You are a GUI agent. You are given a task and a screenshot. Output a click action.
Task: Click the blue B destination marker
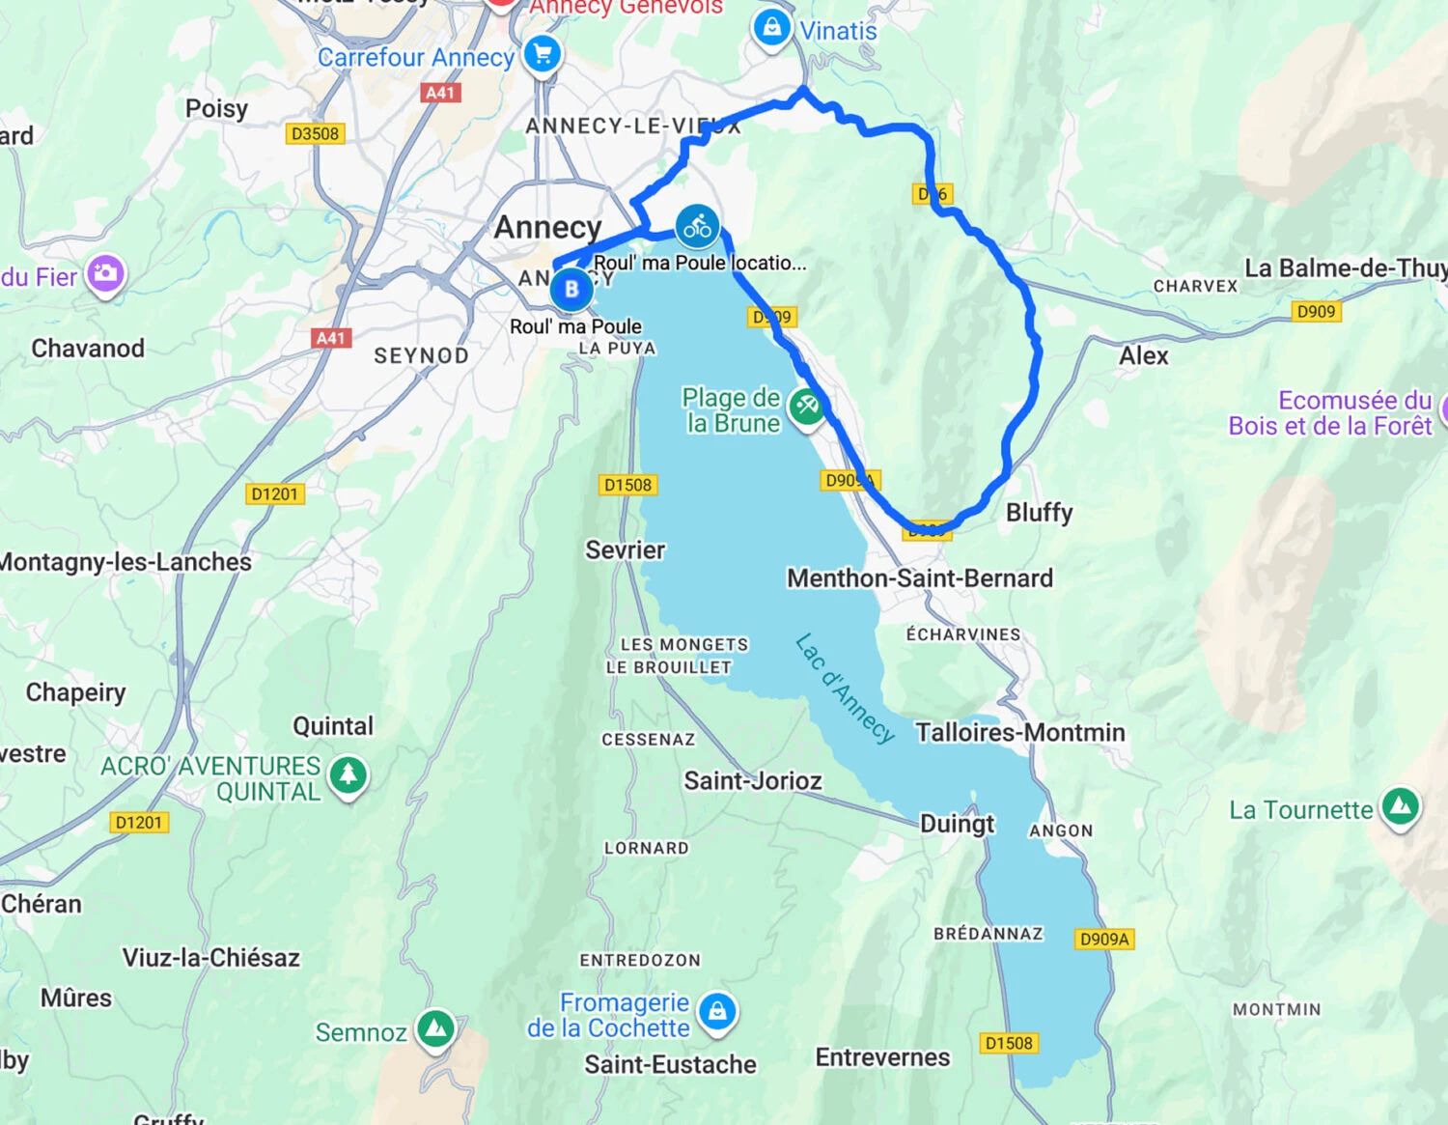(x=571, y=289)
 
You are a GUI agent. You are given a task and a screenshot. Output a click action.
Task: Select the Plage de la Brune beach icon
(x=806, y=407)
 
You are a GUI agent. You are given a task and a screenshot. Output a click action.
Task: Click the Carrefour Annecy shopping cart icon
(x=542, y=54)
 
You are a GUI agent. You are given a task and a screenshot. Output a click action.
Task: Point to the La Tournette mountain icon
(x=1400, y=806)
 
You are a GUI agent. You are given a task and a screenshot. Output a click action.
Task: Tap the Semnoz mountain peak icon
(x=435, y=1029)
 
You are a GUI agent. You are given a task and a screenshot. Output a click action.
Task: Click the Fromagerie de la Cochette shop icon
(x=716, y=1012)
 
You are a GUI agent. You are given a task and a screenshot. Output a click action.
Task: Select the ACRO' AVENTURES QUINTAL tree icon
(x=348, y=775)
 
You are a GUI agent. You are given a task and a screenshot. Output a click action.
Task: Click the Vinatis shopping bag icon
(x=771, y=27)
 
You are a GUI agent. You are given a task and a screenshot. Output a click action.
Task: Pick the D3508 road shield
(x=316, y=133)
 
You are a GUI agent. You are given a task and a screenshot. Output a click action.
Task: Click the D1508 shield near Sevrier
(x=627, y=485)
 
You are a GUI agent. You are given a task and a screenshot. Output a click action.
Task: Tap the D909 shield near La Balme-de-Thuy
(x=1316, y=311)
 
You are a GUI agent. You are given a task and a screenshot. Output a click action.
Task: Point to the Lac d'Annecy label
(x=845, y=688)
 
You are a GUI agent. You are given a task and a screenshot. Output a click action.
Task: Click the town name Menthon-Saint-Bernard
(x=920, y=577)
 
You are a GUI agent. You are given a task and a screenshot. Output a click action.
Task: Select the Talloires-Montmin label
(x=1020, y=732)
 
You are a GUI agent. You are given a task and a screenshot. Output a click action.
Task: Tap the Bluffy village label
(x=1039, y=512)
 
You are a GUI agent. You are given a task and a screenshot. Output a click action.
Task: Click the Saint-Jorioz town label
(x=753, y=780)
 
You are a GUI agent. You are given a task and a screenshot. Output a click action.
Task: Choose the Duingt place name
(x=957, y=824)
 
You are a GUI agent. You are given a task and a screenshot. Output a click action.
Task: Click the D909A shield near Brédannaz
(x=1104, y=939)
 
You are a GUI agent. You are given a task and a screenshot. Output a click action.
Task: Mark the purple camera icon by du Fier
(x=105, y=274)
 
